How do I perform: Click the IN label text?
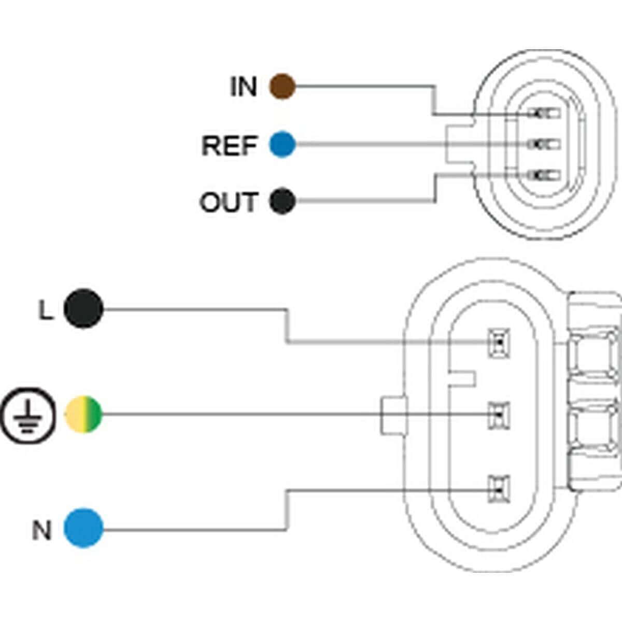point(244,87)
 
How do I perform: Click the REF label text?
point(229,146)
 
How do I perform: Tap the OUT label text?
point(228,202)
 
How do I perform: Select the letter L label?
point(46,310)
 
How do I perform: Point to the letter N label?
point(42,530)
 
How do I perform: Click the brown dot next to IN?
point(282,87)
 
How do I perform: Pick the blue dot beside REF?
point(282,145)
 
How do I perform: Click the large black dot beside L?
point(83,308)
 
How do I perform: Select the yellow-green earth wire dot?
point(83,415)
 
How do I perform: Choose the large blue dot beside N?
point(83,528)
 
